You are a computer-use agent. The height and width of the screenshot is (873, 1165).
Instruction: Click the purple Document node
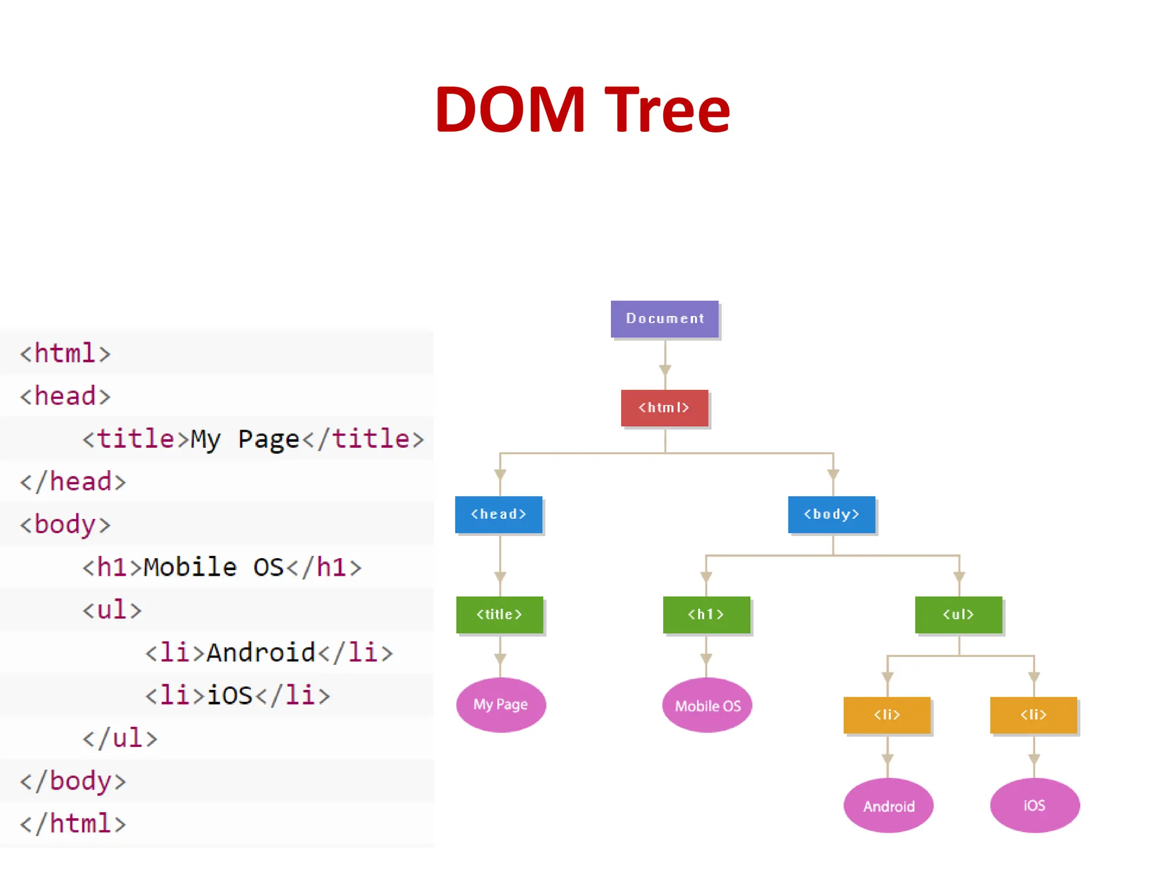pos(664,319)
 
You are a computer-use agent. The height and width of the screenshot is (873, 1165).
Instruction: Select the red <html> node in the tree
pos(664,408)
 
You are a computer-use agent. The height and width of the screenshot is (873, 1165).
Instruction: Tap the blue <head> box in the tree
pos(499,514)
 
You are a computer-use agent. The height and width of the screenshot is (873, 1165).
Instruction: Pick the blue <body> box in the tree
pos(832,514)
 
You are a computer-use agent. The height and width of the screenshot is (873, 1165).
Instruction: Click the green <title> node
pos(499,614)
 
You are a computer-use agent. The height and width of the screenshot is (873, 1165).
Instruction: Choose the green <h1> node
pos(707,614)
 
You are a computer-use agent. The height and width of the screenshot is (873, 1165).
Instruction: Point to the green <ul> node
pos(959,614)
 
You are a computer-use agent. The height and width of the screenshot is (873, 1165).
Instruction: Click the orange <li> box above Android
pos(887,715)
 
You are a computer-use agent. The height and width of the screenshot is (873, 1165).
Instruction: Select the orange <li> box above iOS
pos(1034,715)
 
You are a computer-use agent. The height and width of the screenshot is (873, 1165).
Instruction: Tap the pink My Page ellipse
pos(501,705)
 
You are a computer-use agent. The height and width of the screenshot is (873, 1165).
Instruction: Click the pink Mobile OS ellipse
pos(707,705)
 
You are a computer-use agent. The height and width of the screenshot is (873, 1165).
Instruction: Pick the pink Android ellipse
pos(889,805)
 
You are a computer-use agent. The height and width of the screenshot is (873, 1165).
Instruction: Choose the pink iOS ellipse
pos(1035,805)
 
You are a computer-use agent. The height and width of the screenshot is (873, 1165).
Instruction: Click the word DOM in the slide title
pos(510,109)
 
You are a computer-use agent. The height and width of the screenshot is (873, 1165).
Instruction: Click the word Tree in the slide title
pos(667,109)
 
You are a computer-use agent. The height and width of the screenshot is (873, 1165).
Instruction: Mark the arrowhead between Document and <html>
pos(665,370)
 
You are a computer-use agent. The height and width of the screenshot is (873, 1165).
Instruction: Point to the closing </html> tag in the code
pos(73,824)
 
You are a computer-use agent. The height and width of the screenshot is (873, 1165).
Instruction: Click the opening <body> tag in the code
pos(65,524)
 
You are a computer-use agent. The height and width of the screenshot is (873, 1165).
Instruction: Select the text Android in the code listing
pos(261,652)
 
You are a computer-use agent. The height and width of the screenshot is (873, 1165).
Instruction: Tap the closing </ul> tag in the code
pos(119,738)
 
